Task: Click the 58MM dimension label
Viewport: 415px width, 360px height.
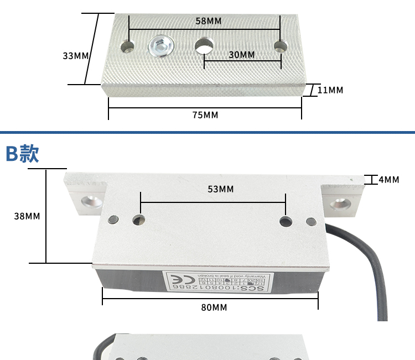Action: click(208, 21)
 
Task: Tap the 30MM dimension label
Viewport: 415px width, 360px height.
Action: click(241, 55)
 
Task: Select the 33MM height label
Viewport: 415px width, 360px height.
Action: click(76, 56)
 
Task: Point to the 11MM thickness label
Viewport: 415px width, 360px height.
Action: click(330, 90)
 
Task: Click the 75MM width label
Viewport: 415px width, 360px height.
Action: click(205, 115)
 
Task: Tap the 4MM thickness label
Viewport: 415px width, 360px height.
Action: click(388, 180)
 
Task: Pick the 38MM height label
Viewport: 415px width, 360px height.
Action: click(27, 216)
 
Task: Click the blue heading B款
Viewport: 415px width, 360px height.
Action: click(22, 154)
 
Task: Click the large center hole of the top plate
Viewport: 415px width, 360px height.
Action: click(205, 46)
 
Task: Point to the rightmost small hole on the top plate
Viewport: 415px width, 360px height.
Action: click(280, 46)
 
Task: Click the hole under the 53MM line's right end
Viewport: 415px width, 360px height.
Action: click(286, 222)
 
